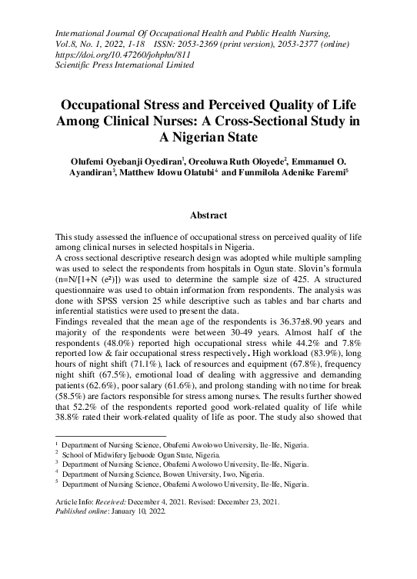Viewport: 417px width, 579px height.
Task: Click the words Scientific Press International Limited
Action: coord(125,65)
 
